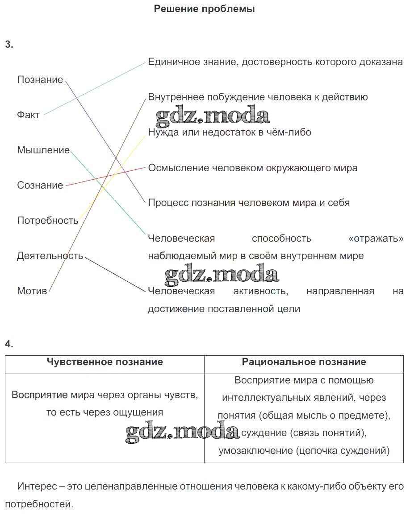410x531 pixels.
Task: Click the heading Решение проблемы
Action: click(x=204, y=9)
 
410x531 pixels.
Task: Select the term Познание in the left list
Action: click(x=40, y=80)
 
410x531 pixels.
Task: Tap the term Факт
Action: click(x=29, y=115)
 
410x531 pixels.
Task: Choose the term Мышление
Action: click(x=43, y=150)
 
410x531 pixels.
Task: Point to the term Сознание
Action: click(x=40, y=185)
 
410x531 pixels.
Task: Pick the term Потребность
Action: click(x=48, y=221)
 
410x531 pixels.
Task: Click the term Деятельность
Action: click(x=50, y=256)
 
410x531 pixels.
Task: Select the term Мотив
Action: click(x=32, y=291)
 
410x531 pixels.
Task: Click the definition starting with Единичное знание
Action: click(x=275, y=62)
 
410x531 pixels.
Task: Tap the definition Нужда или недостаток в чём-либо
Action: click(x=230, y=132)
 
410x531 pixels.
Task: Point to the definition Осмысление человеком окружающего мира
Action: click(x=253, y=168)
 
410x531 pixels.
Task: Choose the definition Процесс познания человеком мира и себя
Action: click(x=249, y=203)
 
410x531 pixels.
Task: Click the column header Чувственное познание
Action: click(x=105, y=362)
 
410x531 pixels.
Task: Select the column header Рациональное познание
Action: click(x=304, y=362)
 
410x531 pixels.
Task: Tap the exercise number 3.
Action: click(x=9, y=44)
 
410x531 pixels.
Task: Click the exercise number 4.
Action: click(x=9, y=344)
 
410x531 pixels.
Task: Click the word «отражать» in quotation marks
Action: click(x=375, y=239)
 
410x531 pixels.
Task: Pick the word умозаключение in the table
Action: click(x=255, y=451)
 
